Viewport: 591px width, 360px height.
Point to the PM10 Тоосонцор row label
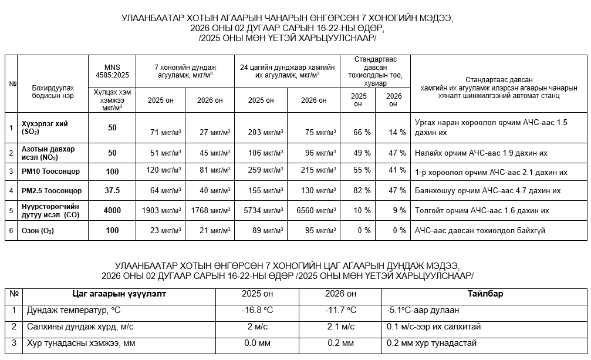point(50,171)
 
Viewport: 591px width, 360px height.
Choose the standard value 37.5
point(112,190)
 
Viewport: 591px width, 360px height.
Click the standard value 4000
point(112,210)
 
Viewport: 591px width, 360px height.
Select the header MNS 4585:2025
point(112,70)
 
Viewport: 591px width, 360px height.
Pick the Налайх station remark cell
point(481,153)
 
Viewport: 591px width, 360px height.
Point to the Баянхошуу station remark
point(487,191)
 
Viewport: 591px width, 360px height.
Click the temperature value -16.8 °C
point(258,310)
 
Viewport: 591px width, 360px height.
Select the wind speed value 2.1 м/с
point(340,327)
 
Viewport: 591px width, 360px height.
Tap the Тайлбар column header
point(485,294)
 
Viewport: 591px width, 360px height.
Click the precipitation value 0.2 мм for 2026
point(340,343)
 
